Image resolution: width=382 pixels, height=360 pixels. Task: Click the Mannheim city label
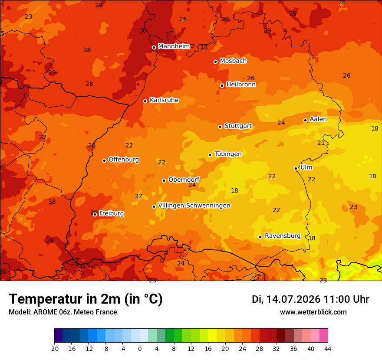(x=174, y=46)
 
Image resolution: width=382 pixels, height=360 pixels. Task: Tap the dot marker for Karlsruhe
(x=145, y=101)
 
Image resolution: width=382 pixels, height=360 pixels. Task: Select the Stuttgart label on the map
(x=238, y=126)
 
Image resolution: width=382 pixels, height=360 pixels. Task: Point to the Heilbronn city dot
(x=222, y=86)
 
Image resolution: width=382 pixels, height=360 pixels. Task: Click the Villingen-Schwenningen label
(x=194, y=206)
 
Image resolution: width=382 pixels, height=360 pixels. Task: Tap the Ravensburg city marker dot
(x=260, y=237)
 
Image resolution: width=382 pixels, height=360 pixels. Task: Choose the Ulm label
(x=306, y=167)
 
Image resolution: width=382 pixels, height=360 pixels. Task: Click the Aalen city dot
(x=305, y=120)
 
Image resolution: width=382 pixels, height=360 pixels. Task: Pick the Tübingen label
(x=228, y=154)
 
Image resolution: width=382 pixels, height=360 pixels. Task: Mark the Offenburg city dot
(x=104, y=160)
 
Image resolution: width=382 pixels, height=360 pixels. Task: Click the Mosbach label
(x=233, y=61)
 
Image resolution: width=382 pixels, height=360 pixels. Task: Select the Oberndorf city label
(x=184, y=180)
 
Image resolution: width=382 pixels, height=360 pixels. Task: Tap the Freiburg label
(x=112, y=213)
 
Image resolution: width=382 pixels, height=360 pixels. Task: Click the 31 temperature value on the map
(x=82, y=266)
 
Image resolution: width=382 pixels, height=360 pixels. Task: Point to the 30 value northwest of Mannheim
(x=143, y=30)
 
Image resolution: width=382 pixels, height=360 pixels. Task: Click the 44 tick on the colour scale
(x=328, y=349)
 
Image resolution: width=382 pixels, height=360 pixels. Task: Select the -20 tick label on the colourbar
(x=54, y=349)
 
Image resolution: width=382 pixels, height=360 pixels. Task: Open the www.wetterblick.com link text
(x=313, y=312)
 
